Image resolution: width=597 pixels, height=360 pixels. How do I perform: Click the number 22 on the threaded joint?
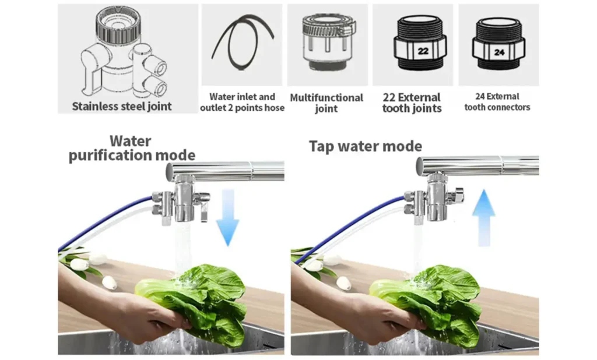423,51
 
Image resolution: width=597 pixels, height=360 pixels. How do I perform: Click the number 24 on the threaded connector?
499,52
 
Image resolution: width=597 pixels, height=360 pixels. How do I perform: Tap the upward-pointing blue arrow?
483,218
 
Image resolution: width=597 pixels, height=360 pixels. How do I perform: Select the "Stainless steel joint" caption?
122,106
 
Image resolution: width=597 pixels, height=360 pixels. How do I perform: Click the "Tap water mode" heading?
366,146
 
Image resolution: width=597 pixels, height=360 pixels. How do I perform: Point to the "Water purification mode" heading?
132,149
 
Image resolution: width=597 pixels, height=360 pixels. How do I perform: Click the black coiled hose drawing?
243,42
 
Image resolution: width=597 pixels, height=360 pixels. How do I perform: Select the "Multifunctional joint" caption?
326,103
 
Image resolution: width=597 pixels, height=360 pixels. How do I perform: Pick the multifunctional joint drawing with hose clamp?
328,42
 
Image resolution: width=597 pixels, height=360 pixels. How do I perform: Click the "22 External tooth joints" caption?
412,103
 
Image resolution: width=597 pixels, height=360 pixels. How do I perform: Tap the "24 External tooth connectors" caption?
497,102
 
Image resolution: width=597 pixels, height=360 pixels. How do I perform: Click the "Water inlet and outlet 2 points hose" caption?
242,103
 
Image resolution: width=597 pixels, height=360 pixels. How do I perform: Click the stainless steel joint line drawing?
124,53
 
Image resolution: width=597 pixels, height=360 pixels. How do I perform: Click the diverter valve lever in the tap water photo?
459,194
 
